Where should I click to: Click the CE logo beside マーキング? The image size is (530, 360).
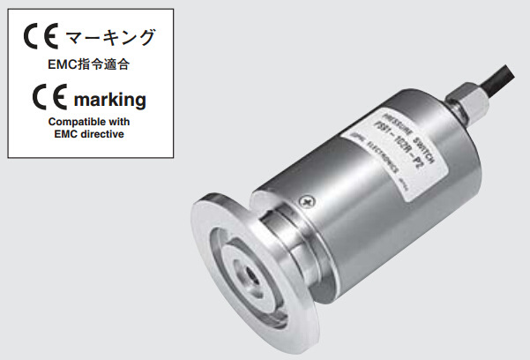(41, 38)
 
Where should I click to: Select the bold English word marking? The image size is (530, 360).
(110, 98)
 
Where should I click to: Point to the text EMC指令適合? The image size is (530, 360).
(86, 64)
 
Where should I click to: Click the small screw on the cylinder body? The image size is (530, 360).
(305, 202)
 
